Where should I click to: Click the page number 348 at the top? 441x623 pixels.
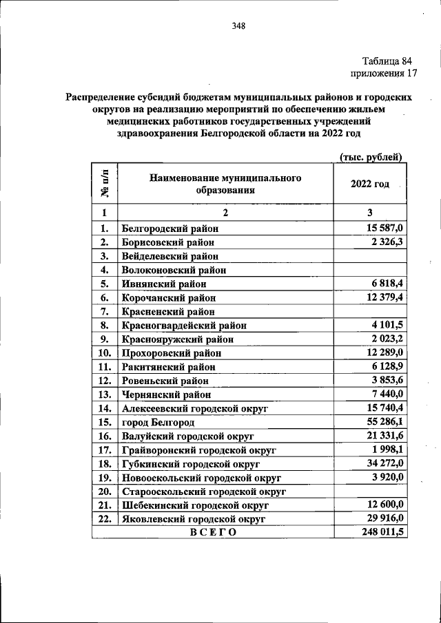pos(239,27)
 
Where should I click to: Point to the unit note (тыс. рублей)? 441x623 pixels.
pos(371,157)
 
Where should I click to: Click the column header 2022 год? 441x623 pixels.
pos(370,184)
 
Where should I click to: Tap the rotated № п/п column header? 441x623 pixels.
pos(105,184)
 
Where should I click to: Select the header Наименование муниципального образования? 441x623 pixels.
pos(225,184)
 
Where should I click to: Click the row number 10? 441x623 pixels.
pos(105,353)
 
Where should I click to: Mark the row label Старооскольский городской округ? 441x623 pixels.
pos(203,492)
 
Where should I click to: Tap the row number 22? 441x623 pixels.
pos(105,519)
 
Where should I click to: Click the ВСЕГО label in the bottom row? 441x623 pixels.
pos(213,533)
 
